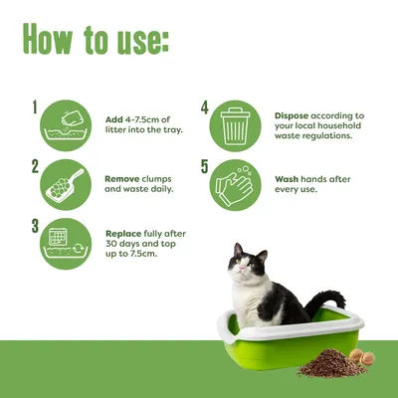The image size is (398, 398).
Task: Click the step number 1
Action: tap(35, 105)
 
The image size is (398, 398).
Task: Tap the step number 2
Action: tap(35, 166)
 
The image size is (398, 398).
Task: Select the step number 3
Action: tap(35, 226)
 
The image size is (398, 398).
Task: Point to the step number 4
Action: tap(204, 105)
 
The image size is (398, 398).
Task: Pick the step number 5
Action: tap(204, 166)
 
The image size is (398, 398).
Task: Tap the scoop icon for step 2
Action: tap(68, 184)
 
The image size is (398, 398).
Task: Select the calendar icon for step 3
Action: tap(68, 245)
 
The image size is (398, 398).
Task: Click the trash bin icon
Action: tap(237, 123)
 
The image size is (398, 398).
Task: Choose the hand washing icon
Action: tap(237, 184)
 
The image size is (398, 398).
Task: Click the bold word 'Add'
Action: tap(114, 119)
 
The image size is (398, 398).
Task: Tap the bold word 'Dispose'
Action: tap(295, 114)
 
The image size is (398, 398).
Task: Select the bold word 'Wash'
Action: tap(289, 179)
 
